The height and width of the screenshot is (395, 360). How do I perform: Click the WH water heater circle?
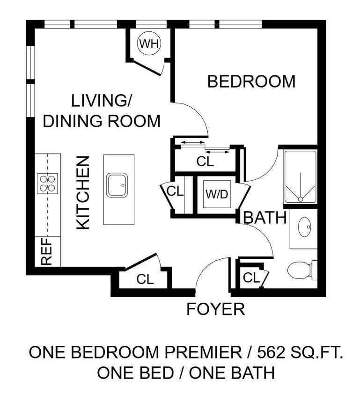pos(149,44)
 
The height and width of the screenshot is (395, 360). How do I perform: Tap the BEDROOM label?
pos(251,81)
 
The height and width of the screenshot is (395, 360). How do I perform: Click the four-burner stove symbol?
pos(47,183)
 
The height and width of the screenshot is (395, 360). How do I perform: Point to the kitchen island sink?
pos(117,185)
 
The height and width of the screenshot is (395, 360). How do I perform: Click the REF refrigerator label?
pos(47,252)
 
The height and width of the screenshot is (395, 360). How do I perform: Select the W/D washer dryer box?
pos(217,193)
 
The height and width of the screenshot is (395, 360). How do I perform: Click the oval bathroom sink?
pos(304,227)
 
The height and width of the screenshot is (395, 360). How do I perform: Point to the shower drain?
pos(300,199)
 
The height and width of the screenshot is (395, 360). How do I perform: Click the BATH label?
pos(265,218)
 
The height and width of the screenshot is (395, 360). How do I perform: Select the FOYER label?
pos(215,309)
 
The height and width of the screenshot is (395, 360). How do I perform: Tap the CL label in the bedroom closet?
pos(205,162)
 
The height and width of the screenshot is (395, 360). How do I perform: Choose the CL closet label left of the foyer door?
pos(145,279)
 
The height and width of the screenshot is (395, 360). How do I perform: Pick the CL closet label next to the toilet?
pos(251,278)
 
